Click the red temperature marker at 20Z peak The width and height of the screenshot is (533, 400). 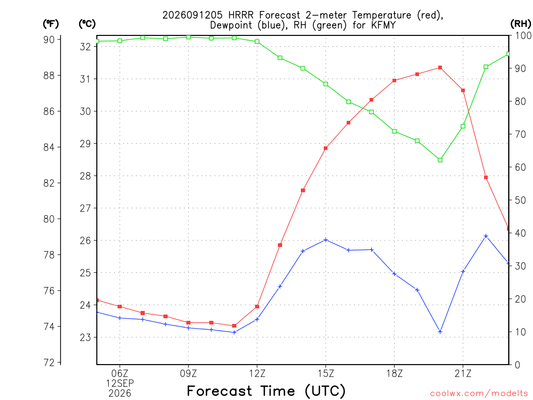click(x=440, y=68)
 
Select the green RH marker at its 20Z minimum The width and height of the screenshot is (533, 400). click(x=440, y=160)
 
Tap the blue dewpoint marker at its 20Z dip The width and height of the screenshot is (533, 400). click(x=440, y=332)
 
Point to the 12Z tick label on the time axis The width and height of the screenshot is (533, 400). click(x=257, y=373)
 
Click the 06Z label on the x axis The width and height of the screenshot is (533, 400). click(x=120, y=373)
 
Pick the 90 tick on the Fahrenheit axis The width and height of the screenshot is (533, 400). click(x=49, y=40)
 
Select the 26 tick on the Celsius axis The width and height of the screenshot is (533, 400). click(x=85, y=241)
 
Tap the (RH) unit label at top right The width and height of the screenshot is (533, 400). click(x=521, y=23)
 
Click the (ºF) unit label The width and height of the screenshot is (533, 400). click(x=50, y=24)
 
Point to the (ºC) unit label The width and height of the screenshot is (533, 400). click(x=87, y=24)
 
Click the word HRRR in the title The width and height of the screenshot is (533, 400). click(x=240, y=15)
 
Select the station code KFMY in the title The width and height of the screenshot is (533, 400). click(x=383, y=25)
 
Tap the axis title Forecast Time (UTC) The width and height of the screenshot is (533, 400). click(x=266, y=391)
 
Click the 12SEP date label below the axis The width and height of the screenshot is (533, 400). click(x=120, y=383)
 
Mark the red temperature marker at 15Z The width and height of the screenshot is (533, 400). click(x=326, y=148)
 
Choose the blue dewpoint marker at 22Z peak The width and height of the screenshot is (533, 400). click(x=486, y=236)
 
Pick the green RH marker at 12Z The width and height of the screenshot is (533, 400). click(x=257, y=42)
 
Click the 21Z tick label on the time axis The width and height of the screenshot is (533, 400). click(x=463, y=373)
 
